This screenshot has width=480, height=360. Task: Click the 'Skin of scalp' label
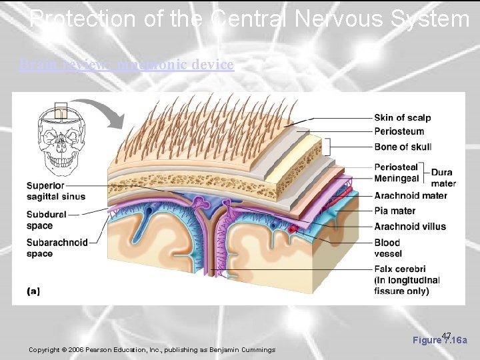pyautogui.click(x=402, y=118)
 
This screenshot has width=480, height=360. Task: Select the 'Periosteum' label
pyautogui.click(x=399, y=132)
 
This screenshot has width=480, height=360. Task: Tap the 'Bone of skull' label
pyautogui.click(x=403, y=147)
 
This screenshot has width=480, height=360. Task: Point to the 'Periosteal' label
pyautogui.click(x=396, y=167)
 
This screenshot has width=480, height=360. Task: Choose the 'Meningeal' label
pyautogui.click(x=397, y=178)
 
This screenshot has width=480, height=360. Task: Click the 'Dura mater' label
pyautogui.click(x=443, y=178)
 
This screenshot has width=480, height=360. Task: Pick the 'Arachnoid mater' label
pyautogui.click(x=411, y=195)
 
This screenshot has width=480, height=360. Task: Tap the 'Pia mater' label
pyautogui.click(x=395, y=211)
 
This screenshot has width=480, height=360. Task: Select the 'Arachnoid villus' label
pyautogui.click(x=410, y=227)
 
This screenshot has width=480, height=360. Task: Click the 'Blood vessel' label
pyautogui.click(x=387, y=248)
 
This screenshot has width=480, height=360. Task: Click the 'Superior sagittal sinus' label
pyautogui.click(x=55, y=191)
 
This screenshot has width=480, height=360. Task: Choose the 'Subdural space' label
pyautogui.click(x=46, y=220)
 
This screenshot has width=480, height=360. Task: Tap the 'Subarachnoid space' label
pyautogui.click(x=57, y=248)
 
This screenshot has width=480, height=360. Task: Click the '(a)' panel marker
pyautogui.click(x=33, y=291)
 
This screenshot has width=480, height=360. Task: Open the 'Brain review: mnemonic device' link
pyautogui.click(x=127, y=65)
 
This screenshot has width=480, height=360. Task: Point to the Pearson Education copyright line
pyautogui.click(x=152, y=350)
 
